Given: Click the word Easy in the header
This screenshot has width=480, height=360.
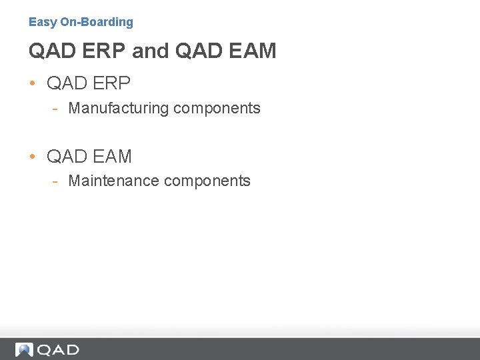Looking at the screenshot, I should [x=43, y=22].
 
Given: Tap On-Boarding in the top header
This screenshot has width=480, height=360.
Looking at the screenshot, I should [x=97, y=22].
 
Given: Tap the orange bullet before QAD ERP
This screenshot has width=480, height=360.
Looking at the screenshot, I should [x=33, y=83].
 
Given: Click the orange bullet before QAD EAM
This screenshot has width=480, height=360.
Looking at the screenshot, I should [x=33, y=157].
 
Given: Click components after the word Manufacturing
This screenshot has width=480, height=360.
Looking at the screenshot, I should [x=217, y=108].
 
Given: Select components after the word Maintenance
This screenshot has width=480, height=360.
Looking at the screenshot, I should [x=207, y=181].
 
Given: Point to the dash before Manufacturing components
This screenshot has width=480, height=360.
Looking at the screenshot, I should [x=58, y=108].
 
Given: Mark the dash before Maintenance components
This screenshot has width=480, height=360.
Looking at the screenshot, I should [x=58, y=181].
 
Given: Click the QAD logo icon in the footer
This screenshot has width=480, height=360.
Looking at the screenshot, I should [x=24, y=349].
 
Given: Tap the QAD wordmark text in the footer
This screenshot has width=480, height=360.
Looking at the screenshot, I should [x=58, y=349].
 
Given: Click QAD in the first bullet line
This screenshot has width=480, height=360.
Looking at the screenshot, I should [x=67, y=83].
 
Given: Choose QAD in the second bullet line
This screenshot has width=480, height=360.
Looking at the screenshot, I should [x=67, y=157].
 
